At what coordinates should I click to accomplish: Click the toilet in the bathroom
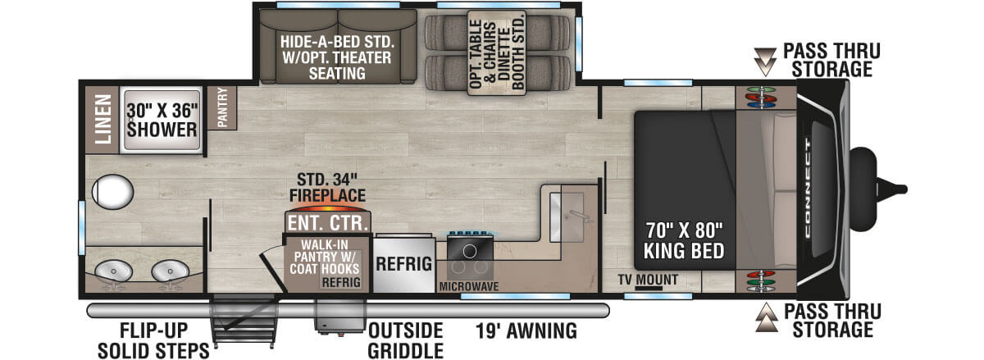pos(112,192)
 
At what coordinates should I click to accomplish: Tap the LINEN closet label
pos(104,120)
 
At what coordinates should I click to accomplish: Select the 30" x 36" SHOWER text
pos(162,120)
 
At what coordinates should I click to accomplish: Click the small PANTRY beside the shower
pos(221,107)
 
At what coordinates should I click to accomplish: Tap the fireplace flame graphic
pos(326,203)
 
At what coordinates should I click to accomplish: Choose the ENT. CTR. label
pos(327,222)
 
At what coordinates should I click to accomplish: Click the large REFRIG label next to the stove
pos(403,264)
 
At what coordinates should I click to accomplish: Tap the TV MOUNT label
pos(649,280)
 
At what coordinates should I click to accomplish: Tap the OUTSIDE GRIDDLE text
pos(405,340)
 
